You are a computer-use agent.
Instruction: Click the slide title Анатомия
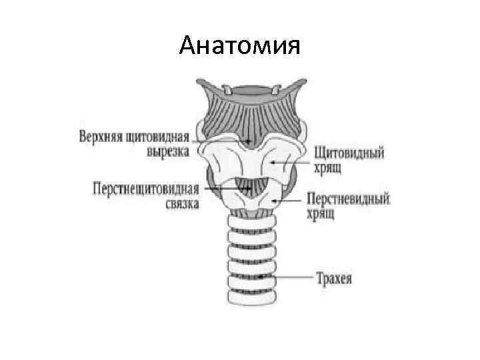coord(240,47)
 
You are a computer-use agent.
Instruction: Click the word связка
coord(181,203)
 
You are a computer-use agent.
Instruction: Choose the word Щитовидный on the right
coord(348,153)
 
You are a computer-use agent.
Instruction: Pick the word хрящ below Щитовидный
coord(328,167)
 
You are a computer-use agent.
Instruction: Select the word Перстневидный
coord(348,199)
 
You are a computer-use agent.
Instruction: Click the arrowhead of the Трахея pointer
coord(259,276)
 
